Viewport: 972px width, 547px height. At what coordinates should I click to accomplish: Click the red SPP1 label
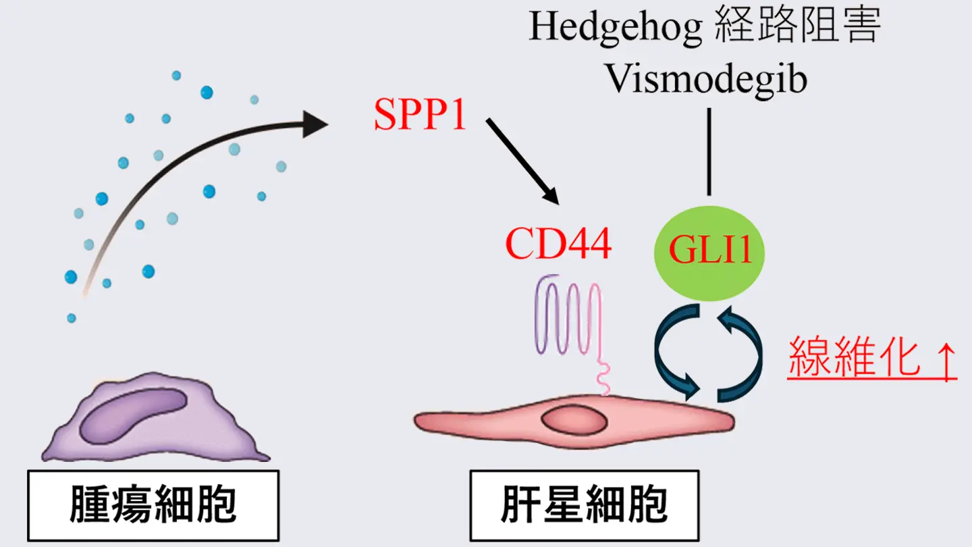[421, 116]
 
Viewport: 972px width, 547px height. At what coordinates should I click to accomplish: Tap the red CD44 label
[558, 244]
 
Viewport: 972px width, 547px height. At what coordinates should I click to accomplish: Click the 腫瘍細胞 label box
[153, 506]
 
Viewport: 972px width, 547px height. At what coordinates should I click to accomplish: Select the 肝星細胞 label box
[584, 506]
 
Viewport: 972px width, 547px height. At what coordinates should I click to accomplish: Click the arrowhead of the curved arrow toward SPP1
[315, 124]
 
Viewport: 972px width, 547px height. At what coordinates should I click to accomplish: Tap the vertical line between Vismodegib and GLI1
[709, 151]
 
